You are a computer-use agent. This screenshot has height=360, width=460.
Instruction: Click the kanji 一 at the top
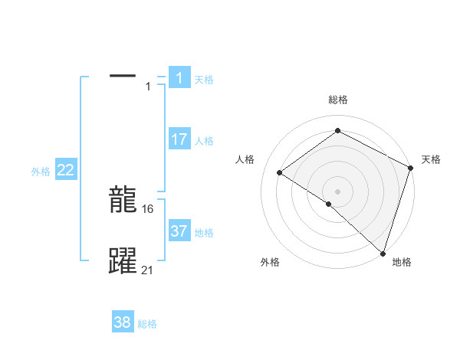point(123,76)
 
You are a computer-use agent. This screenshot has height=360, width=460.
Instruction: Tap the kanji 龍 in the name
point(123,201)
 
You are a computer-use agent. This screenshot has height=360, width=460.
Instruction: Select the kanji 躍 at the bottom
point(123,261)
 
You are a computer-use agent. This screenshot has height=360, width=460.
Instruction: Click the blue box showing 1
point(179,77)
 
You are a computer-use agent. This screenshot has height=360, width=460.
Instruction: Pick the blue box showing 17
point(179,139)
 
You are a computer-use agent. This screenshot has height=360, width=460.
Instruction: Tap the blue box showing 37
point(179,231)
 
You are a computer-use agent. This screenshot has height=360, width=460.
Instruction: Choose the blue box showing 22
point(66,170)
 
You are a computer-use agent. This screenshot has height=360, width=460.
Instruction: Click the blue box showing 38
point(123,322)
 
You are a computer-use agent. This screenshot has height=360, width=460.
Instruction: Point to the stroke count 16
point(149,208)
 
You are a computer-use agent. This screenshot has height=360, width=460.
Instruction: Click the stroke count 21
point(148,269)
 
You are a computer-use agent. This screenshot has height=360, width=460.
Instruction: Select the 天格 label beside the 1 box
point(204,79)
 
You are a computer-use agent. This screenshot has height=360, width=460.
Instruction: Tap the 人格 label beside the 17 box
point(204,141)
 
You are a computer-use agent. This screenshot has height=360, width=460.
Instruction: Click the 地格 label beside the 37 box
point(204,233)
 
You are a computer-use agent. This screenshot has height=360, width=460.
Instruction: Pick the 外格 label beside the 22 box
point(41,172)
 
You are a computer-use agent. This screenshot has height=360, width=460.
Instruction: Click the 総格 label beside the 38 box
point(147,325)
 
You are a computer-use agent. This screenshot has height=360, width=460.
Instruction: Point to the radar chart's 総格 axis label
point(337,100)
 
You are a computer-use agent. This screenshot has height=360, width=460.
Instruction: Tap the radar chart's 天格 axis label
point(431,159)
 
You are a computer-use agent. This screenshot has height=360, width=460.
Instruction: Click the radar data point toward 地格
point(383,253)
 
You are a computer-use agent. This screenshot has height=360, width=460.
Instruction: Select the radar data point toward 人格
point(280,172)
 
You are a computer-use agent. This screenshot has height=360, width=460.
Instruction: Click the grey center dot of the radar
point(337,191)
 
